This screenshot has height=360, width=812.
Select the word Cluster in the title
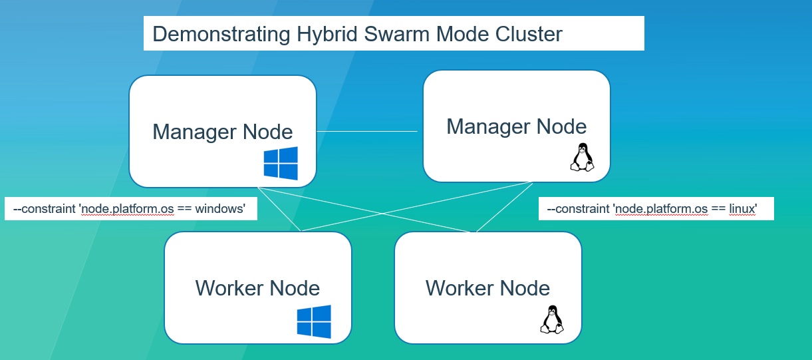(529, 34)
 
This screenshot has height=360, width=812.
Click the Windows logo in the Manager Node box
(281, 164)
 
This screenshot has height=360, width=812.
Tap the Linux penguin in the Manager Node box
(582, 158)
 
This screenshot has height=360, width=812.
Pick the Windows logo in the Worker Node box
(314, 321)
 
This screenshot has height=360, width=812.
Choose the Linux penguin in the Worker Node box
(551, 319)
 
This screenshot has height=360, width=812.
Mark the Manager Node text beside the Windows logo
(222, 131)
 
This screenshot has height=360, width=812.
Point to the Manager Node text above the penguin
(516, 126)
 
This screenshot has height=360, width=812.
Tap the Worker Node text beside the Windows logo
(257, 288)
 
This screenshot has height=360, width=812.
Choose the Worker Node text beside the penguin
(487, 288)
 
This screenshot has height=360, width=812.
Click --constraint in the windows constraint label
(45, 209)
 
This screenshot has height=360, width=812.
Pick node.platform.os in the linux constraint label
(662, 209)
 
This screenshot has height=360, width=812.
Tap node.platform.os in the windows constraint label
(128, 209)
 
